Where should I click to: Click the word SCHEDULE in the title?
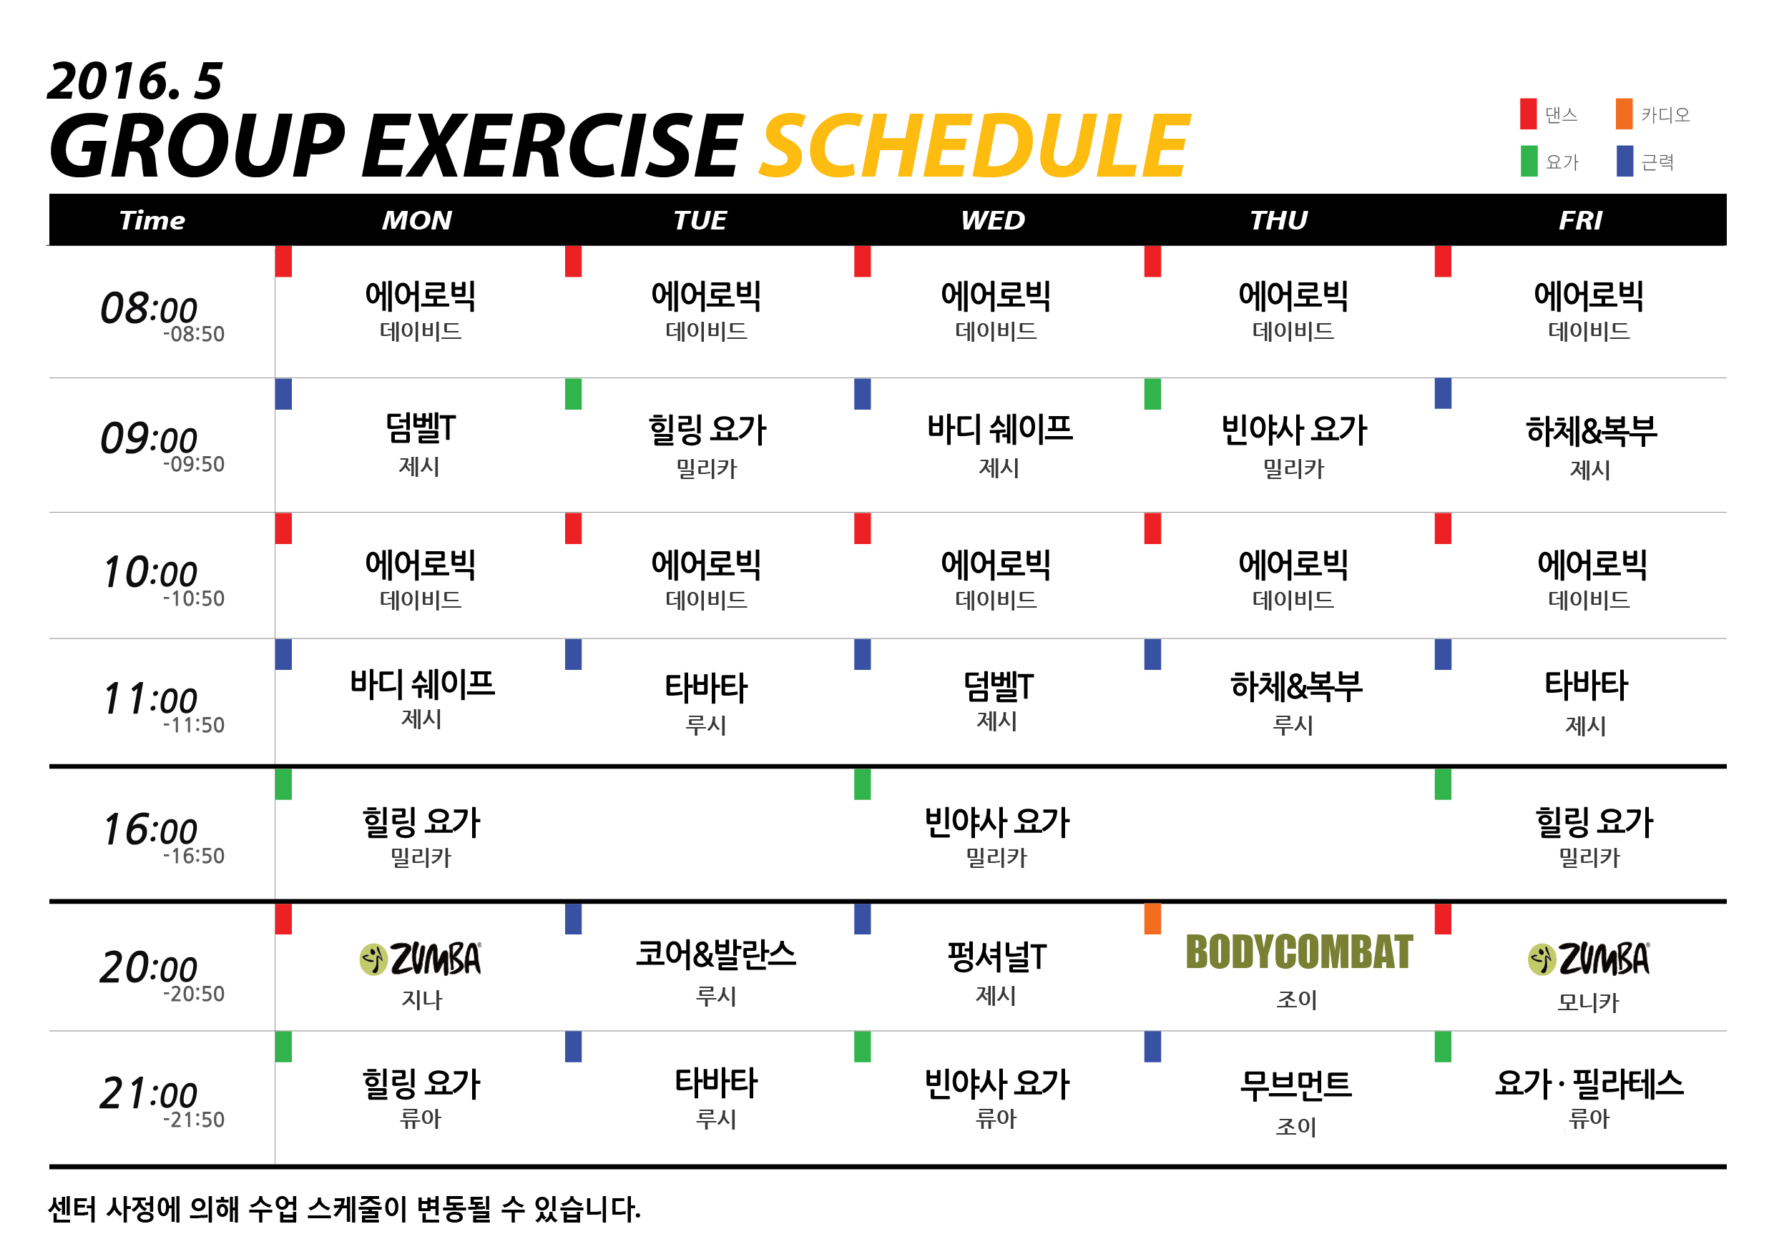tap(975, 146)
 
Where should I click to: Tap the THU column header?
tap(1279, 221)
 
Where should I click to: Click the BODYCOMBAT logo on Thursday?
tap(1299, 952)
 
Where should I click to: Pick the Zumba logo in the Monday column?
tap(421, 959)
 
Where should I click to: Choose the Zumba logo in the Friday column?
tap(1589, 959)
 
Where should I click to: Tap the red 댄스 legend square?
tap(1529, 114)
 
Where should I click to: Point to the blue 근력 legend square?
tap(1625, 162)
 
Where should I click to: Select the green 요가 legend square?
tap(1529, 162)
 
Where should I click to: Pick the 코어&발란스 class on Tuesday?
tap(715, 955)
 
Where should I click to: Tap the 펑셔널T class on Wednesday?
tap(996, 957)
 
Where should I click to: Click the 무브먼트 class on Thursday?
tap(1295, 1085)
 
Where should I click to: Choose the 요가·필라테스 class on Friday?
tap(1589, 1083)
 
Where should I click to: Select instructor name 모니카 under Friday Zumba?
tap(1588, 1002)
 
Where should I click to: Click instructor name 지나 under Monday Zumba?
tap(421, 1000)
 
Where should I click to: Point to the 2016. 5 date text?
tap(135, 81)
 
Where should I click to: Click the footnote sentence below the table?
tap(345, 1209)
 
